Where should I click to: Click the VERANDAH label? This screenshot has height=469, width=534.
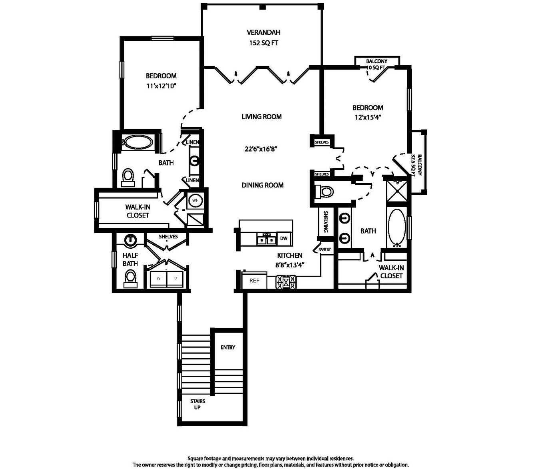coord(263,32)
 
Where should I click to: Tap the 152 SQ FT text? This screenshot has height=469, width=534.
coord(263,43)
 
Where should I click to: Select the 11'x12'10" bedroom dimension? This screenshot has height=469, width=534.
coord(161,86)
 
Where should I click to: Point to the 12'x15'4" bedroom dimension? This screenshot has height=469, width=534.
coord(368,117)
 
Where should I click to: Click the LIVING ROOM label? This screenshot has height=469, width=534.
coord(262,116)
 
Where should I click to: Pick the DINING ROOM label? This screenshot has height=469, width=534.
coord(263,185)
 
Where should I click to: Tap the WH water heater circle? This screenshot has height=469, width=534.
coord(195,200)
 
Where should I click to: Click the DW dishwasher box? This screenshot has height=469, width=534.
coord(284,238)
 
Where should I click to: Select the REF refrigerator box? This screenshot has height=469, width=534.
coord(254,281)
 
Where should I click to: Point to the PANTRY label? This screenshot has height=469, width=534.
coord(325,249)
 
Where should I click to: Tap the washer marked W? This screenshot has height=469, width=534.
coord(159,279)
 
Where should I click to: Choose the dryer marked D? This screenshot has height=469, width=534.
coord(175,279)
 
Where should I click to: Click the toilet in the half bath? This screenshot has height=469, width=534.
coord(130,280)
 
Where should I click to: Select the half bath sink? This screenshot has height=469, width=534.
coord(130,240)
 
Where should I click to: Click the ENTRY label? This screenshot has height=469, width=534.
coord(228,347)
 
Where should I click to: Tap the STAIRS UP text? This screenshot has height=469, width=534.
coord(198,404)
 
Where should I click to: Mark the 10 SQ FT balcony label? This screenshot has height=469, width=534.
coord(376,68)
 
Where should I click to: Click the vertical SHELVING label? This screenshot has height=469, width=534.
coord(326,222)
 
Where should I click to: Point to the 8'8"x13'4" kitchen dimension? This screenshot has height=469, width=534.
coord(290,265)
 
